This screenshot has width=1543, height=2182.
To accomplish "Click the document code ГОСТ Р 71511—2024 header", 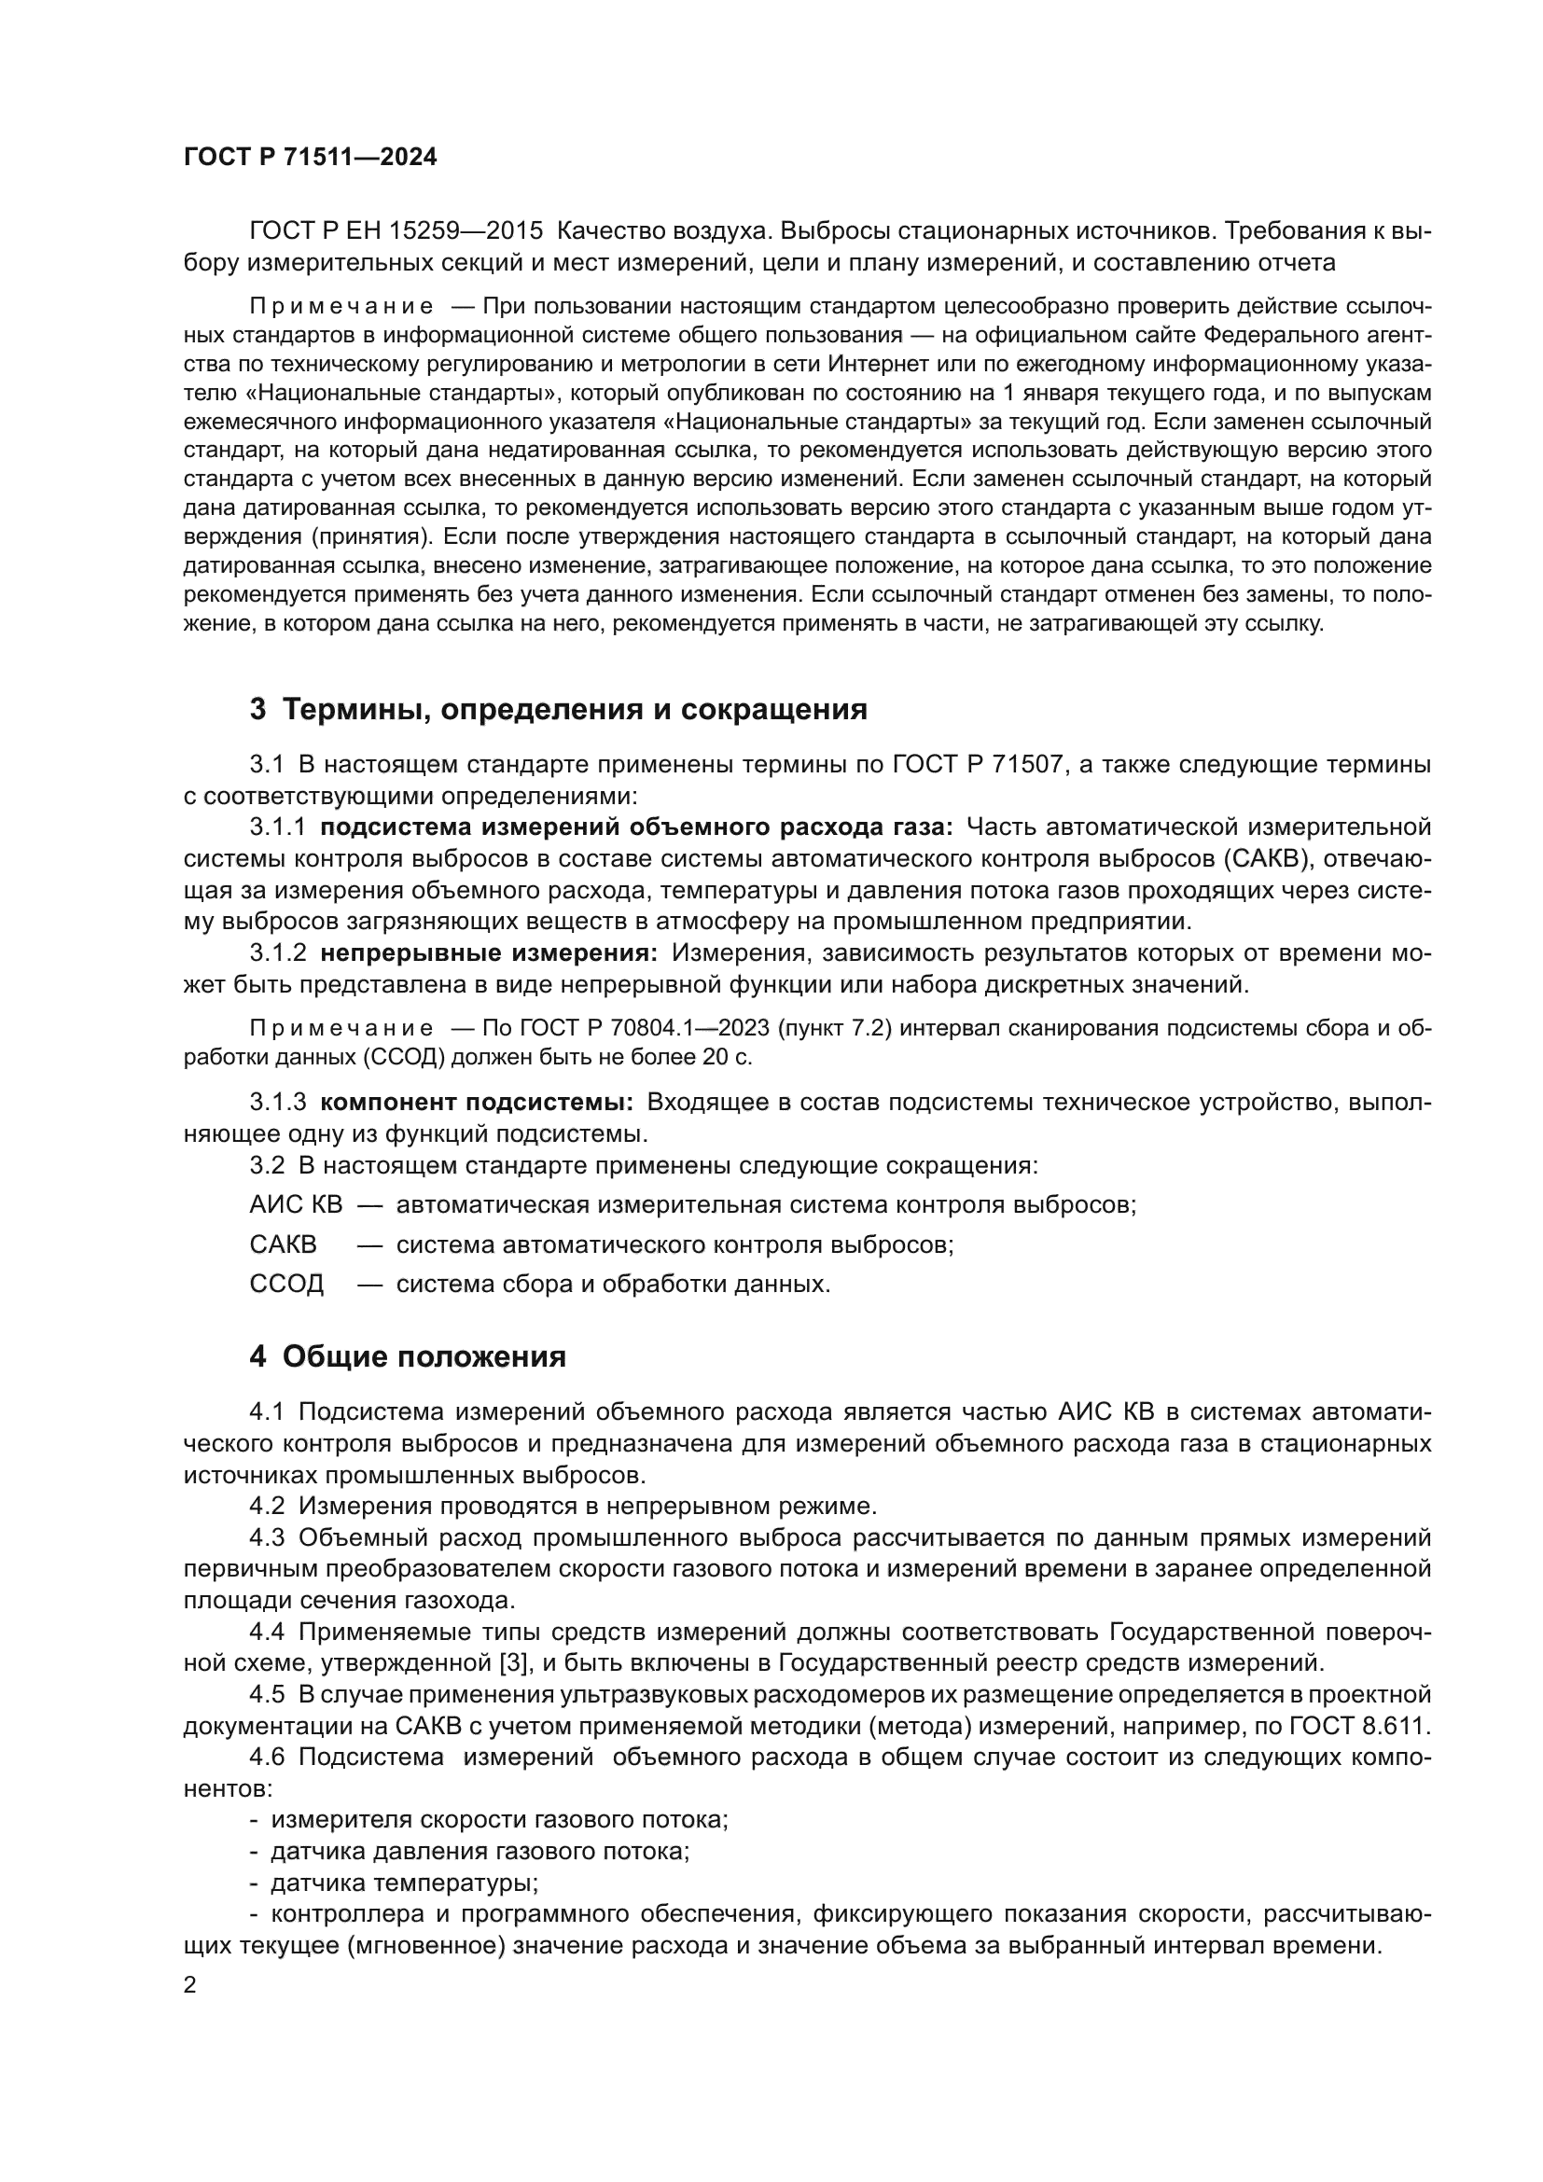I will click(310, 158).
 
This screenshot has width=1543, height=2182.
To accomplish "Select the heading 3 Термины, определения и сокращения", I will click(559, 709).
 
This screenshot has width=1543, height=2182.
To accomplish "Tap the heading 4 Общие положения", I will click(408, 1356).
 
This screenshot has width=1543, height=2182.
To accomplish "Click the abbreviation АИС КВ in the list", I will click(296, 1205).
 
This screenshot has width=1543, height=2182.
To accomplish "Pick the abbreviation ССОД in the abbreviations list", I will click(287, 1284).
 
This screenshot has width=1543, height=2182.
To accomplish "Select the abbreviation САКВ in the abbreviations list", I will click(284, 1244).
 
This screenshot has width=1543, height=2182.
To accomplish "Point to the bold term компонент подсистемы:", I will click(477, 1103).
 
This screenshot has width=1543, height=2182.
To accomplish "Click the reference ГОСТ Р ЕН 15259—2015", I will click(396, 231).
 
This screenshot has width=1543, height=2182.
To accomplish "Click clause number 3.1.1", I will click(278, 827).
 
